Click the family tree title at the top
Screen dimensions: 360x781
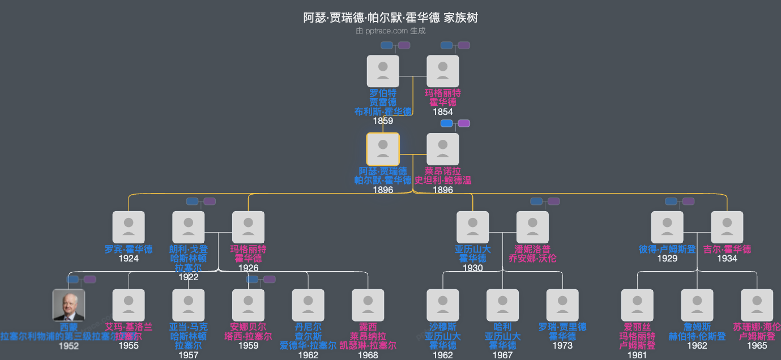[x=390, y=18]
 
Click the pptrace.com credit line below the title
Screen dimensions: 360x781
[x=390, y=31]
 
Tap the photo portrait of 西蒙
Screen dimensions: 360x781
[x=69, y=305]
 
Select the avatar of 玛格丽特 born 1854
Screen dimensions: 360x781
[x=442, y=71]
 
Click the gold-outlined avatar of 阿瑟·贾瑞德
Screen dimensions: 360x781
[x=383, y=149]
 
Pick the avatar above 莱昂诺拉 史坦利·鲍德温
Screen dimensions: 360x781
[x=442, y=149]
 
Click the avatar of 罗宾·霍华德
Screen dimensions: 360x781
[x=129, y=227]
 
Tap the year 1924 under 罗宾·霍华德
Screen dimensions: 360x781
[x=129, y=259]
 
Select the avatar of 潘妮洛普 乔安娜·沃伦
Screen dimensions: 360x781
[x=532, y=227]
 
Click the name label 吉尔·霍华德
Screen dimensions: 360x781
[x=727, y=249]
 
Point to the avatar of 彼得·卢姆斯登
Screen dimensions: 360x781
[x=667, y=227]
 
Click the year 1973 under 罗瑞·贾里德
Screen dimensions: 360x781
[x=562, y=345]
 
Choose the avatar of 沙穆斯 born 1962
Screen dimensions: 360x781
[x=442, y=305]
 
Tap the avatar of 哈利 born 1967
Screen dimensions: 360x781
[x=502, y=305]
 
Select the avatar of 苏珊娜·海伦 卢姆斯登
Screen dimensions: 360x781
[x=757, y=305]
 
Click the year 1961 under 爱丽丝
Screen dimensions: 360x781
[x=637, y=355]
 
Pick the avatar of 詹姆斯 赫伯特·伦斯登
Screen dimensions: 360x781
[x=697, y=305]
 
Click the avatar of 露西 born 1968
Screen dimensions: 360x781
[x=368, y=305]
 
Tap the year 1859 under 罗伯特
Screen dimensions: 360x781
[x=383, y=121]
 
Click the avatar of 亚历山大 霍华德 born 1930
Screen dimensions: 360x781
[x=472, y=227]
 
